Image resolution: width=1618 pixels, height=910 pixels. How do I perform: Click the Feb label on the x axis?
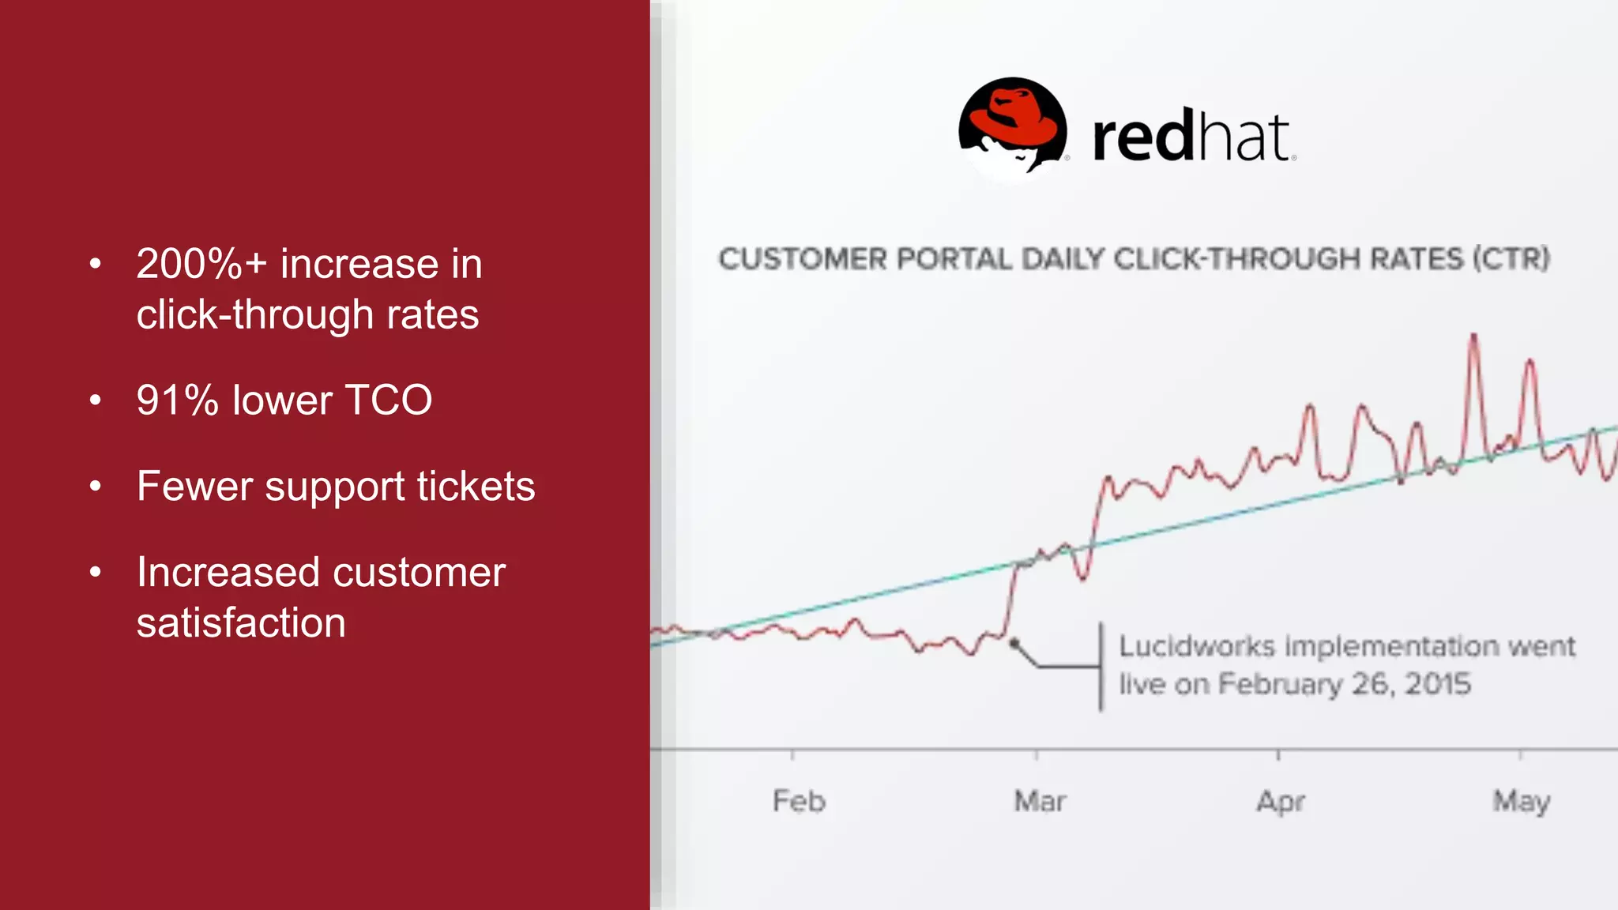click(799, 801)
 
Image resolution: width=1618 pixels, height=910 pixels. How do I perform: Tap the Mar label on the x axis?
click(1040, 801)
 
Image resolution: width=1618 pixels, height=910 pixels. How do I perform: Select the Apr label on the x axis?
click(1281, 802)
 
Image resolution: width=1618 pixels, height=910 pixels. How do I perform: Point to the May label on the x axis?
click(1522, 802)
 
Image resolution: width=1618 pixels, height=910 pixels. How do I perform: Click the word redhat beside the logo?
click(1191, 138)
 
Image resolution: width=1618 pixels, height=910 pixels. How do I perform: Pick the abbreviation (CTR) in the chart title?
click(1511, 259)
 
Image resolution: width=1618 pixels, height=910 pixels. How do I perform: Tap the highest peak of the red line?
click(1473, 337)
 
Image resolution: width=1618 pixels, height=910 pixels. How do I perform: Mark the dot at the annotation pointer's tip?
click(1014, 644)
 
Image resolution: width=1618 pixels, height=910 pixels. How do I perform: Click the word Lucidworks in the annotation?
click(1197, 646)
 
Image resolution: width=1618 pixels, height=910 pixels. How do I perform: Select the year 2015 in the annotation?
click(1438, 684)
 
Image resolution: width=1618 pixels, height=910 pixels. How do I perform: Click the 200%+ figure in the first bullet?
click(201, 264)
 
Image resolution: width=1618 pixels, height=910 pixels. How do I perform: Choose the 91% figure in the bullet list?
click(177, 400)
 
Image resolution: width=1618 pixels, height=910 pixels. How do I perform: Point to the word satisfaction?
click(241, 622)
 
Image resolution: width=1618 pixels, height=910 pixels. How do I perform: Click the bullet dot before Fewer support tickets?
click(96, 486)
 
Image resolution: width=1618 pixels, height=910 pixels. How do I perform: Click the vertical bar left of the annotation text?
click(1101, 667)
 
